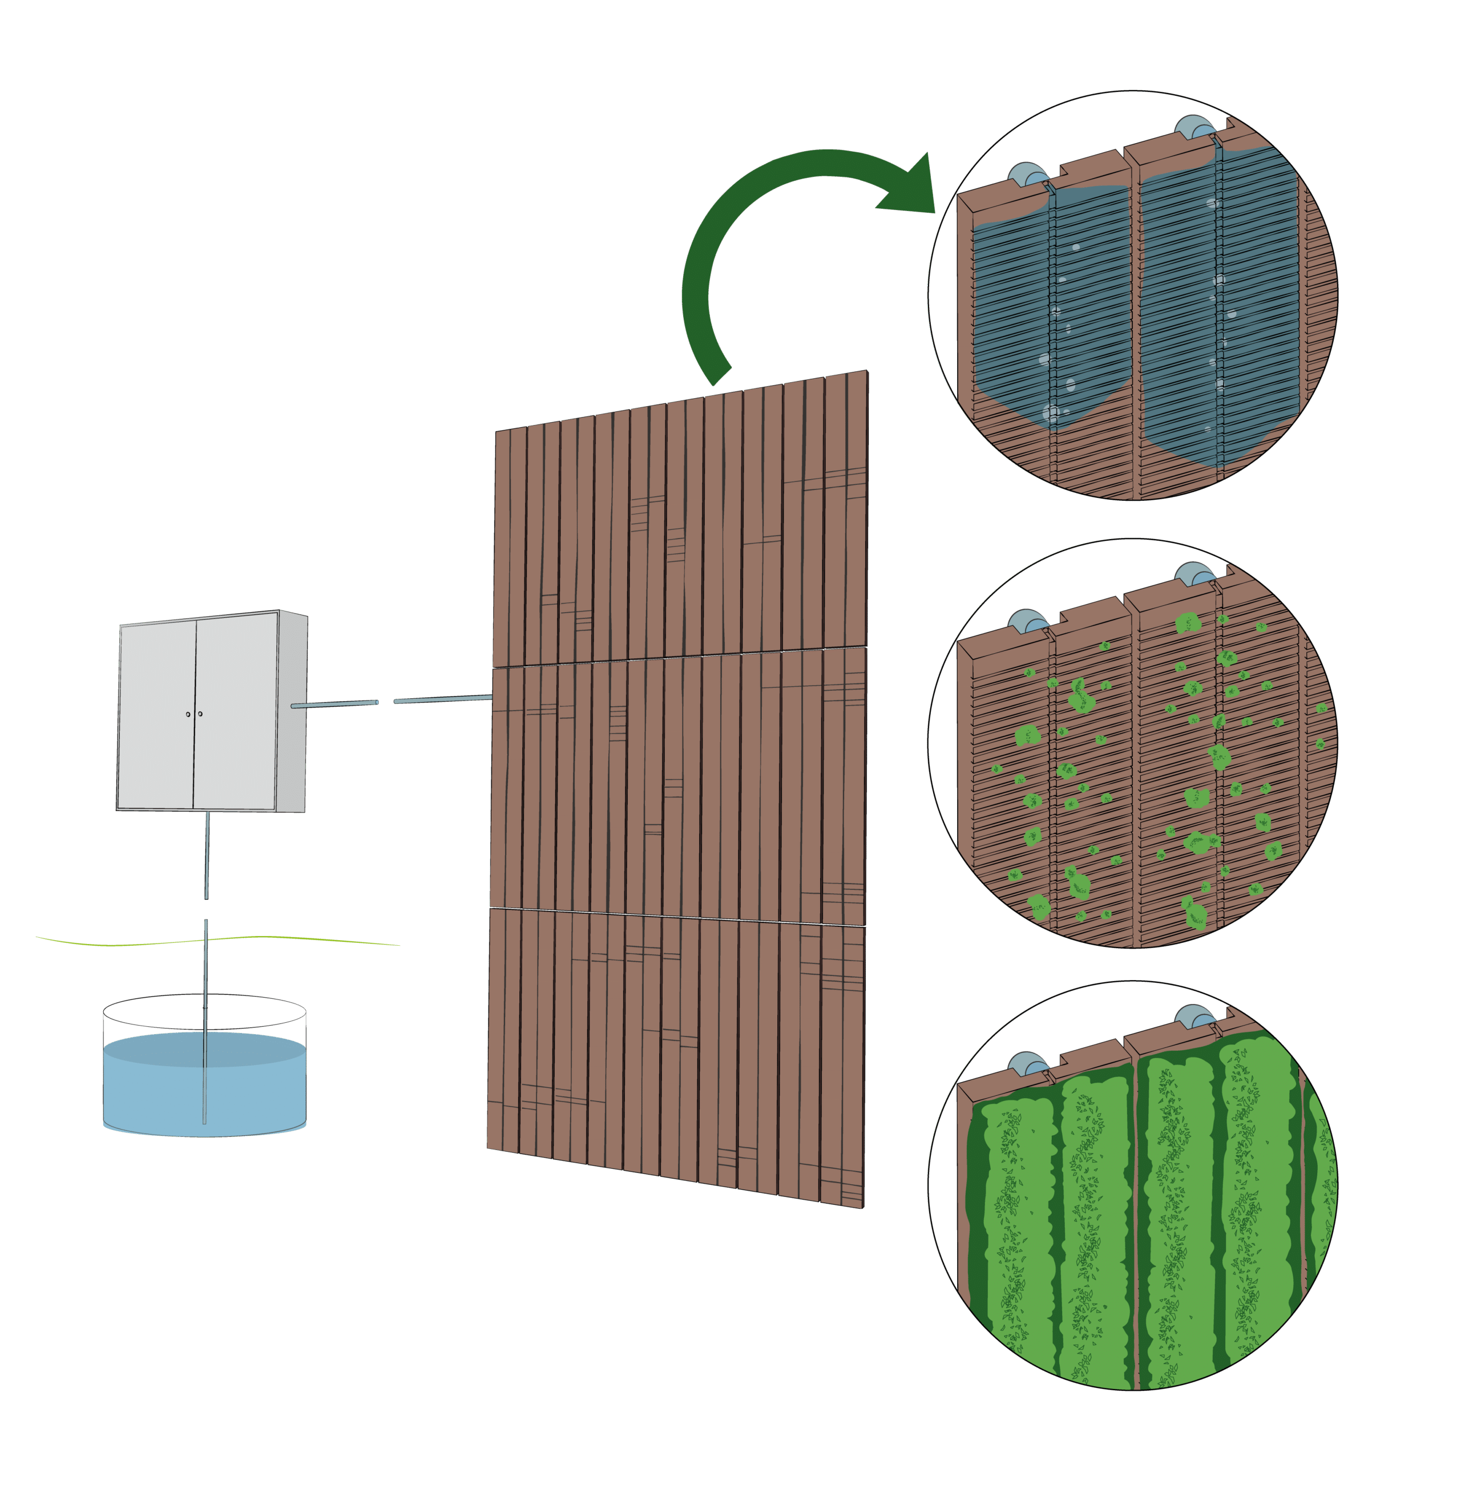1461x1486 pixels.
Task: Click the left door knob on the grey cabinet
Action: pos(188,714)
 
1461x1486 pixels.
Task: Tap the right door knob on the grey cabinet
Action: pos(200,714)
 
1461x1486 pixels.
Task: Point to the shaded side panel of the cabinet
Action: pos(292,710)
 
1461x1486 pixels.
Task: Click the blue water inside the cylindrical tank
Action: pos(205,1090)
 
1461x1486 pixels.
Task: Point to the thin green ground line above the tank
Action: pos(215,939)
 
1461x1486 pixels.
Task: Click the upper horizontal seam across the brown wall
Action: pos(679,658)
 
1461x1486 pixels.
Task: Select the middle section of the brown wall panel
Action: pos(679,786)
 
